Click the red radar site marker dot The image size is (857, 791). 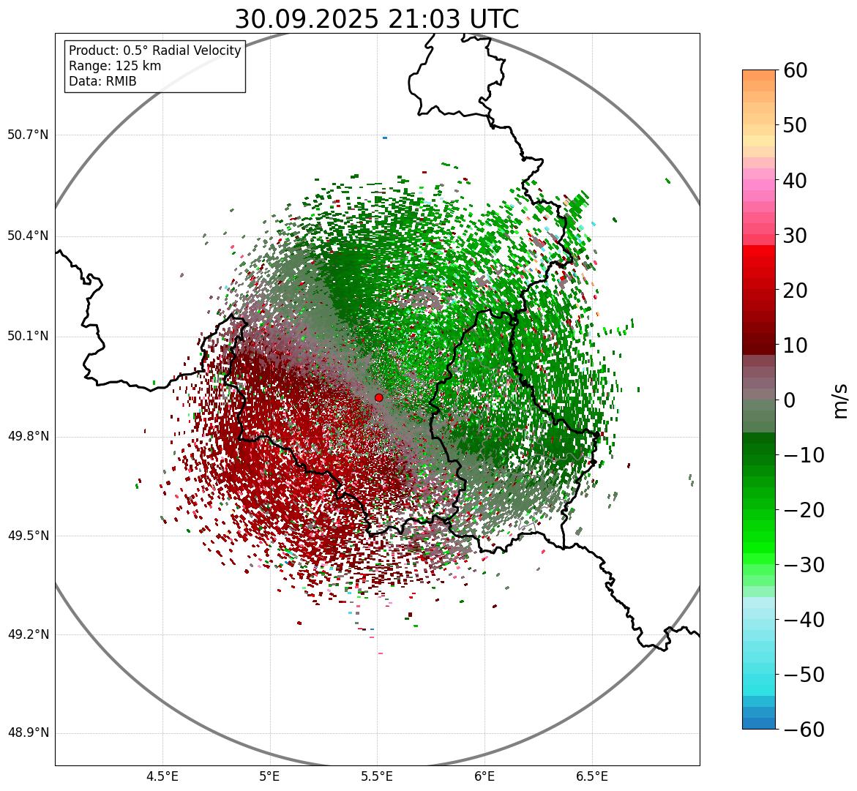coord(378,397)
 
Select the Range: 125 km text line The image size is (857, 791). coord(115,66)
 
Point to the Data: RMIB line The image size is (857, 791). coord(102,81)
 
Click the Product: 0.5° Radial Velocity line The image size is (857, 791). coord(154,50)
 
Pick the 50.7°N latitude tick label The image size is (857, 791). coord(28,135)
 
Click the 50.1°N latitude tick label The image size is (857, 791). coord(28,337)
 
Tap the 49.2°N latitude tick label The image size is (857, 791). coord(28,634)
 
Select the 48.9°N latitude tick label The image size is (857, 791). coord(28,733)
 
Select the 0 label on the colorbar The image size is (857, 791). coord(790,400)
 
